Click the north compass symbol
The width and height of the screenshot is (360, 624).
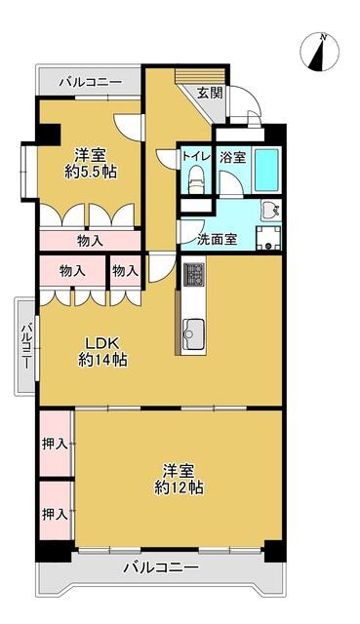tap(319, 53)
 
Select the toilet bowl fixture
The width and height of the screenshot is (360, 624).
tap(195, 180)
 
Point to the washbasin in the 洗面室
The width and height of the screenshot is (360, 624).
tap(271, 211)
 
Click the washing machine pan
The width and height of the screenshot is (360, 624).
tap(269, 238)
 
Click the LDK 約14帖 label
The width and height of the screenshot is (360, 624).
tap(102, 351)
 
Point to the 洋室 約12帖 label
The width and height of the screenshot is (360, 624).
tap(179, 479)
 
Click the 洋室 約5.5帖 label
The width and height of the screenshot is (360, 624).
tap(91, 163)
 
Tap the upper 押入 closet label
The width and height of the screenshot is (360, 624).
tap(55, 445)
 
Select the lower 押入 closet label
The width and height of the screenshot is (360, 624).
tap(55, 515)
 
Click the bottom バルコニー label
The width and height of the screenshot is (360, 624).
tap(160, 566)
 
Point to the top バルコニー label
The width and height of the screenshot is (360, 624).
tap(91, 83)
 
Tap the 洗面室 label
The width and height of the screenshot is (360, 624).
tap(217, 239)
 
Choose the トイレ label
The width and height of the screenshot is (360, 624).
tap(196, 156)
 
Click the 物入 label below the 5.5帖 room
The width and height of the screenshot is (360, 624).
tap(91, 241)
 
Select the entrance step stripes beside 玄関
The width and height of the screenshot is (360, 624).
tap(201, 75)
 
